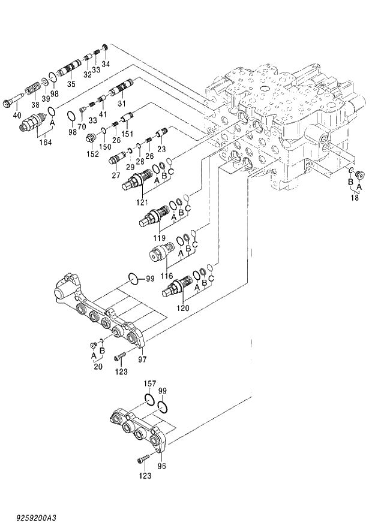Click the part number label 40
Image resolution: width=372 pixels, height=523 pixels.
click(x=17, y=114)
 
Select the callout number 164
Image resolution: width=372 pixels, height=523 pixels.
click(x=44, y=142)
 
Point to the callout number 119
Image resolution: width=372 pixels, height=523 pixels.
click(x=159, y=237)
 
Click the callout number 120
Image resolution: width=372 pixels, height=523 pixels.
click(x=183, y=308)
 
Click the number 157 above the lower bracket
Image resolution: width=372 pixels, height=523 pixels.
click(x=149, y=383)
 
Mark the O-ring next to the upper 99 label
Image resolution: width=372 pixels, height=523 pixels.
click(x=136, y=277)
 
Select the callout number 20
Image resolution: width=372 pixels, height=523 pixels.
click(x=98, y=367)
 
